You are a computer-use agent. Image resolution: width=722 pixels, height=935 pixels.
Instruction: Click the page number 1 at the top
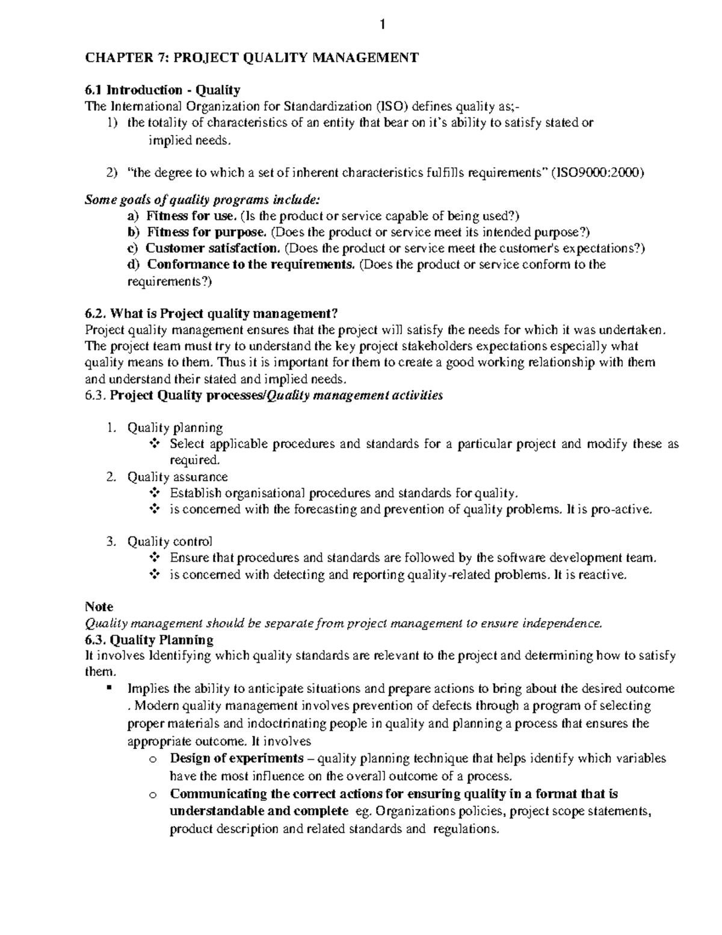[382, 25]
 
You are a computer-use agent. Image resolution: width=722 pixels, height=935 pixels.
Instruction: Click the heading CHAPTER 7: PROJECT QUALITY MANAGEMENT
[251, 58]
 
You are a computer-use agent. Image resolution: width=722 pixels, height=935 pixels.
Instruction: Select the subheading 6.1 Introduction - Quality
[162, 90]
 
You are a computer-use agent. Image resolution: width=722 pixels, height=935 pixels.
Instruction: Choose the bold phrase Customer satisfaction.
[212, 248]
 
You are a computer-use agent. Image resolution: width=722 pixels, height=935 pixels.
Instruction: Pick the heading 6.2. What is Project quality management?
[212, 314]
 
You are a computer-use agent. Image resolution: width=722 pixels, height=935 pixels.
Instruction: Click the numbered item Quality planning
[174, 428]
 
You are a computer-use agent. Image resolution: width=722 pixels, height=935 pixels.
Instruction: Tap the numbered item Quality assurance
[177, 477]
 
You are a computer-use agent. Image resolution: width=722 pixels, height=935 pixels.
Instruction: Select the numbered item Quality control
[170, 542]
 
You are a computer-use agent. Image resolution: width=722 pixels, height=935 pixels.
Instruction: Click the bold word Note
[99, 607]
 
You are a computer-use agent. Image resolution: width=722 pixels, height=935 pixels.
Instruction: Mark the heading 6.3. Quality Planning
[149, 639]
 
